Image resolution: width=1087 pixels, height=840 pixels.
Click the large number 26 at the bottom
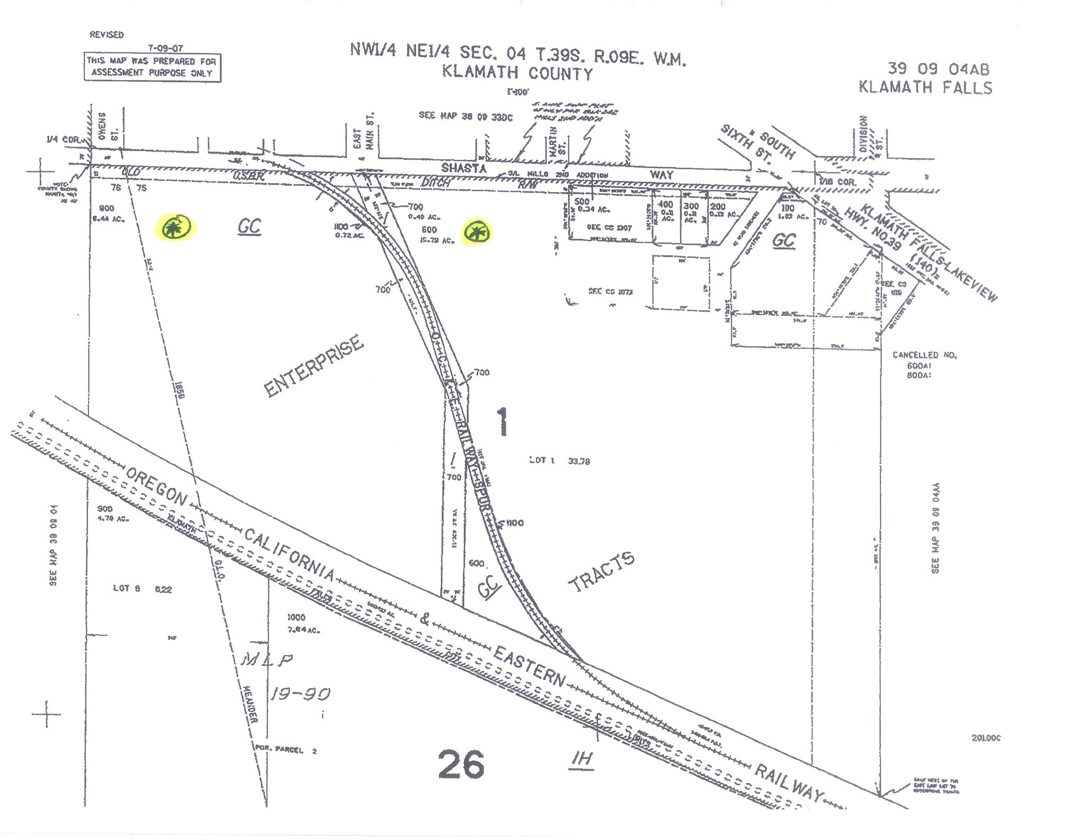pos(461,764)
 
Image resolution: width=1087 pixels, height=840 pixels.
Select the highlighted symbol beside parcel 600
pos(476,232)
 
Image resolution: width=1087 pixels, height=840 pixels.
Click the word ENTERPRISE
pos(314,366)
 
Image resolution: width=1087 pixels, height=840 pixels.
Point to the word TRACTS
pos(601,572)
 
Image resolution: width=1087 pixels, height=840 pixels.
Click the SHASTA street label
pos(463,168)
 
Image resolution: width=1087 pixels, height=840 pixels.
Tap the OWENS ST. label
pos(108,127)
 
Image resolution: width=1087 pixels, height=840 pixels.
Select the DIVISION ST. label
pos(870,135)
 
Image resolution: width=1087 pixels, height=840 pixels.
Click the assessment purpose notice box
pos(152,67)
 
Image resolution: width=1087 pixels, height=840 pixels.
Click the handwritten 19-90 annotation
pos(300,694)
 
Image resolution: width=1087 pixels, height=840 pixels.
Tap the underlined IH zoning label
pos(582,759)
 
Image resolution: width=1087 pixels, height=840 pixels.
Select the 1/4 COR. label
pos(63,140)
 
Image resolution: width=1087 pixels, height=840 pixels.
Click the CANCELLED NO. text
pos(924,355)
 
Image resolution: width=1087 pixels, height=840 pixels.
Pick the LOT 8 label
pos(126,588)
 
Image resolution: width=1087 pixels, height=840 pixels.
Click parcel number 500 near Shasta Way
pos(582,202)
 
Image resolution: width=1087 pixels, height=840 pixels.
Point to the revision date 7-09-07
pos(165,48)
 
